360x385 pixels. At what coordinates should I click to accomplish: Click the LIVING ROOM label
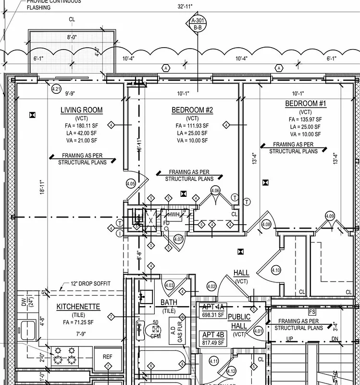pos(81,110)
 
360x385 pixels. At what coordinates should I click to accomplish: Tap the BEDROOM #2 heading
pos(192,110)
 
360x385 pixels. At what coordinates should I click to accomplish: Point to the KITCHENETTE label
pos(78,307)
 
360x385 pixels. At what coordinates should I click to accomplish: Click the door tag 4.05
pos(131,183)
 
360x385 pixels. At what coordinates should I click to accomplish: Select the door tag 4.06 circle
pos(215,190)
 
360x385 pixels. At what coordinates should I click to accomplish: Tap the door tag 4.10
pos(276,269)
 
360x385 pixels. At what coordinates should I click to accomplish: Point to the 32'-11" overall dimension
pos(185,6)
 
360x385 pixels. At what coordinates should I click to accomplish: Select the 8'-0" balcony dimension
pos(72,37)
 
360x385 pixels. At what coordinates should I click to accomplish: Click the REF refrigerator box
pos(108,357)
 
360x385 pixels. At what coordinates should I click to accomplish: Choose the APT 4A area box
pos(213,310)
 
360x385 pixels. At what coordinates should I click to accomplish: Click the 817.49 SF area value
pos(213,343)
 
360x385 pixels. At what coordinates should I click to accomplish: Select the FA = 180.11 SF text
pos(81,126)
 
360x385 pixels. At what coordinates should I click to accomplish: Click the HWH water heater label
pos(173,214)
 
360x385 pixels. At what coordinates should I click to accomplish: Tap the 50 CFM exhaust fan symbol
pos(155,329)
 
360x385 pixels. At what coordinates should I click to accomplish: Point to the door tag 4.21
pos(56,89)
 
